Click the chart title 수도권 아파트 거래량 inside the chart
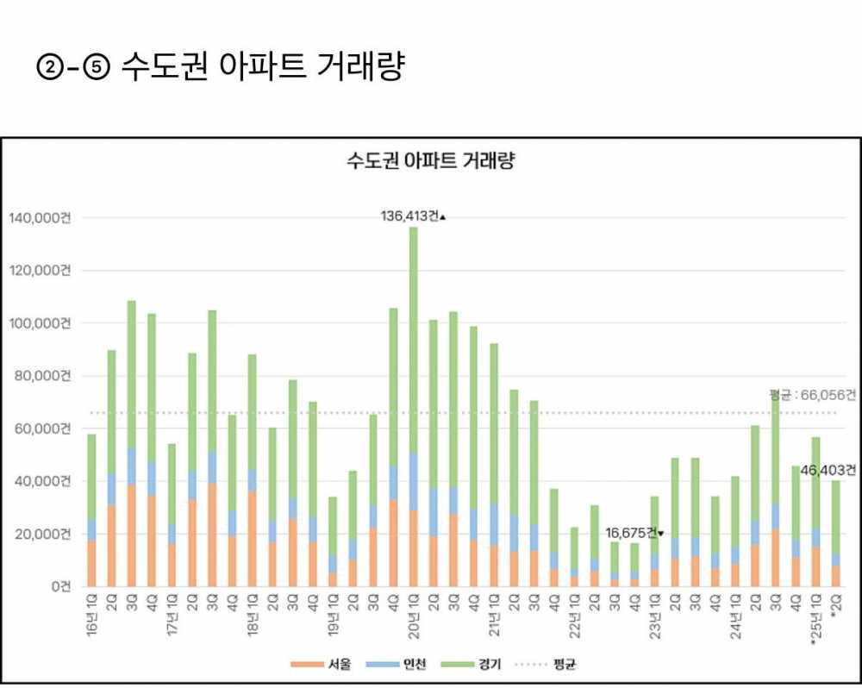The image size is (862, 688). coord(430,161)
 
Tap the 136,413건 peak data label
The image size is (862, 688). coord(410,216)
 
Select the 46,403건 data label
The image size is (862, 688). coord(828,471)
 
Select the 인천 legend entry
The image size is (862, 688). coord(401,665)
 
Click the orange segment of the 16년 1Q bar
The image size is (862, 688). coord(91,563)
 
